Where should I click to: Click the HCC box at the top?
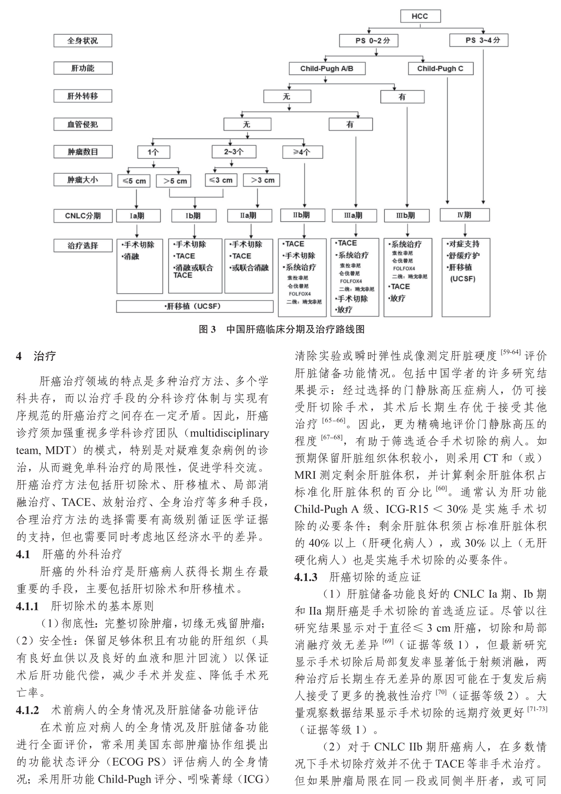tap(420, 16)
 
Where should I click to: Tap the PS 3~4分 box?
tap(478, 40)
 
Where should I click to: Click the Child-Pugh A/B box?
tap(326, 68)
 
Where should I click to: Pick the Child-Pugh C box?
tap(440, 68)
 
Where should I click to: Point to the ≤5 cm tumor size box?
tap(134, 181)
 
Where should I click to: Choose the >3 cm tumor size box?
tap(262, 180)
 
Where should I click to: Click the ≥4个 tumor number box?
tap(302, 152)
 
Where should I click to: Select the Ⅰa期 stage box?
tap(139, 215)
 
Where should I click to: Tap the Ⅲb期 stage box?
tap(406, 215)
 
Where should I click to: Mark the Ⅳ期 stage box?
tap(464, 215)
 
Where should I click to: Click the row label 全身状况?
tap(82, 40)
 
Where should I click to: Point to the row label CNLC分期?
tap(82, 216)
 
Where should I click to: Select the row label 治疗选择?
tap(82, 245)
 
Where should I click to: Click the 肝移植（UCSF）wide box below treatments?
tap(195, 306)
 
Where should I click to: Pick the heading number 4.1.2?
tap(28, 710)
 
